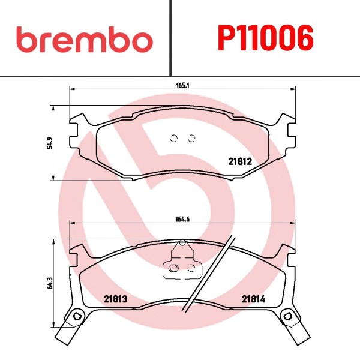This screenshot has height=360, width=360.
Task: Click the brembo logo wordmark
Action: pos(85,39)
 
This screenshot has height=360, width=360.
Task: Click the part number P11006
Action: pos(265,38)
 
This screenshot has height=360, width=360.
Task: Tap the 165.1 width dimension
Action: pos(182,85)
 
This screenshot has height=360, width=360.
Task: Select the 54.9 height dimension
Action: pos(50,143)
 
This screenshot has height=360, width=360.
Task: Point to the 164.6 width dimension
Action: pos(182,219)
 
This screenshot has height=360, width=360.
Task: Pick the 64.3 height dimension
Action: pos(50,283)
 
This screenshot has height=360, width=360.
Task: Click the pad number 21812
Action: pos(240,161)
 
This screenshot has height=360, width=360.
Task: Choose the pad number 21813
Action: pos(115,299)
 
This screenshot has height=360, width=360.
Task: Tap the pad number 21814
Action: pos(253,299)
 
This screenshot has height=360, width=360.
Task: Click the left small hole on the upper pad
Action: pos(174,139)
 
